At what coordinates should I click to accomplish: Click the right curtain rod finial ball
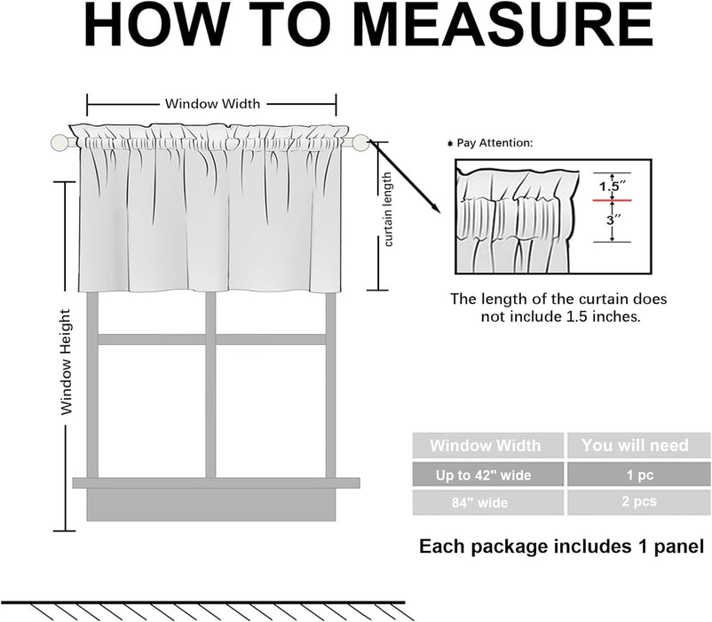tap(360, 140)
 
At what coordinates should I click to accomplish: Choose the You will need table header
tap(634, 445)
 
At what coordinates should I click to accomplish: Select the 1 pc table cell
tap(634, 474)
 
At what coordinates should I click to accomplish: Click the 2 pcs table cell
tap(634, 503)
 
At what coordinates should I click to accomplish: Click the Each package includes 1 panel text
tap(561, 545)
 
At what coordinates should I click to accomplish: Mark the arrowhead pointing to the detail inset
tap(435, 208)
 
